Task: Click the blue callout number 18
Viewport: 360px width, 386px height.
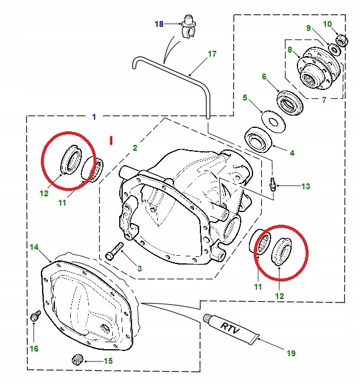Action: pyautogui.click(x=159, y=24)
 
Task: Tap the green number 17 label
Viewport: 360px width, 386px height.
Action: pyautogui.click(x=212, y=54)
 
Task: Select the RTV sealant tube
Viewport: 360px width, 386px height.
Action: pyautogui.click(x=231, y=329)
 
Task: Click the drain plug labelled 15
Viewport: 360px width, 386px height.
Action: pyautogui.click(x=78, y=360)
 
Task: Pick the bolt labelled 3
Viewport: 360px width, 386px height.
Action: pyautogui.click(x=115, y=251)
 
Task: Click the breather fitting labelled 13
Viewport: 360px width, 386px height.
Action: pyautogui.click(x=272, y=183)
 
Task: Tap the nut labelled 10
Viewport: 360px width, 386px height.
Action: pyautogui.click(x=342, y=40)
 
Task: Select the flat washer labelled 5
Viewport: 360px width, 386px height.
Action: pyautogui.click(x=274, y=121)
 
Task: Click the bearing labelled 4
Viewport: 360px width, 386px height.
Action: pyautogui.click(x=258, y=140)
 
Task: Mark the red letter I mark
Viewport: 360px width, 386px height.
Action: pyautogui.click(x=111, y=140)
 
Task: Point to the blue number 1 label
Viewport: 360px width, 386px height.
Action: pyautogui.click(x=94, y=117)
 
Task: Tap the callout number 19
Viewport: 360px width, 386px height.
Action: pyautogui.click(x=291, y=353)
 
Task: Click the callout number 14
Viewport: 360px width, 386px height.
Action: pyautogui.click(x=34, y=247)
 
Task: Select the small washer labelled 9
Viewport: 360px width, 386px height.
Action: pyautogui.click(x=335, y=50)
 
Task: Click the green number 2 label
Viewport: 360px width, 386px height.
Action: pyautogui.click(x=135, y=148)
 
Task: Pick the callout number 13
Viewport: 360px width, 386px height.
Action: pyautogui.click(x=306, y=186)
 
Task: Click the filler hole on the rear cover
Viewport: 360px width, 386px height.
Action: pyautogui.click(x=105, y=328)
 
